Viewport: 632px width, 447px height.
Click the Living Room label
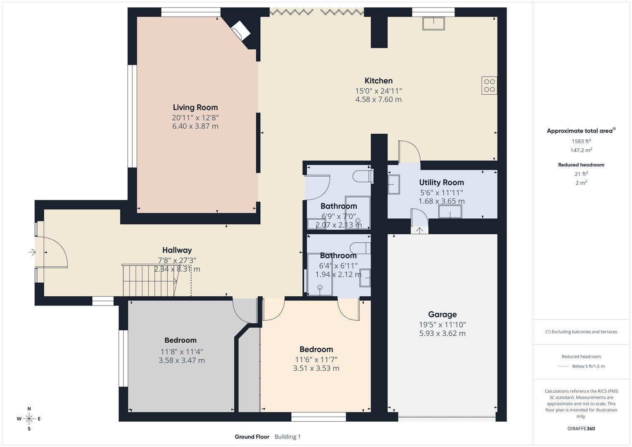tap(195, 108)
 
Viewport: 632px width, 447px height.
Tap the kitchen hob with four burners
tap(489, 85)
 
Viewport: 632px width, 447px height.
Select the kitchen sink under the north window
tap(433, 24)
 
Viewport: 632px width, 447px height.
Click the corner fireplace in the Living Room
tap(240, 31)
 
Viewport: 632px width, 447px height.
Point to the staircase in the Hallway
tap(149, 281)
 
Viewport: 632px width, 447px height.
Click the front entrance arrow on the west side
tap(32, 252)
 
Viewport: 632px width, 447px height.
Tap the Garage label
tap(442, 315)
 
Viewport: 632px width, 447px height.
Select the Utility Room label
tap(441, 183)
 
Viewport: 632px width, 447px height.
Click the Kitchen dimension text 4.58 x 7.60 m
tap(378, 99)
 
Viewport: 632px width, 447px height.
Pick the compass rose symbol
tap(29, 418)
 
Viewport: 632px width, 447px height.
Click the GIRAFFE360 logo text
tap(581, 428)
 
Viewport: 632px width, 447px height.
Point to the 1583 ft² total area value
tap(581, 141)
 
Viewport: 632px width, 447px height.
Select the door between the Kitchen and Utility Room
tap(409, 152)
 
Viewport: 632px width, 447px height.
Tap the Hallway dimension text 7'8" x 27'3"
tap(177, 260)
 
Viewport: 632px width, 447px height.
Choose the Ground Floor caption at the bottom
tap(252, 437)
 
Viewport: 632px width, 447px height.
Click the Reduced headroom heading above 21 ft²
tap(581, 165)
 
